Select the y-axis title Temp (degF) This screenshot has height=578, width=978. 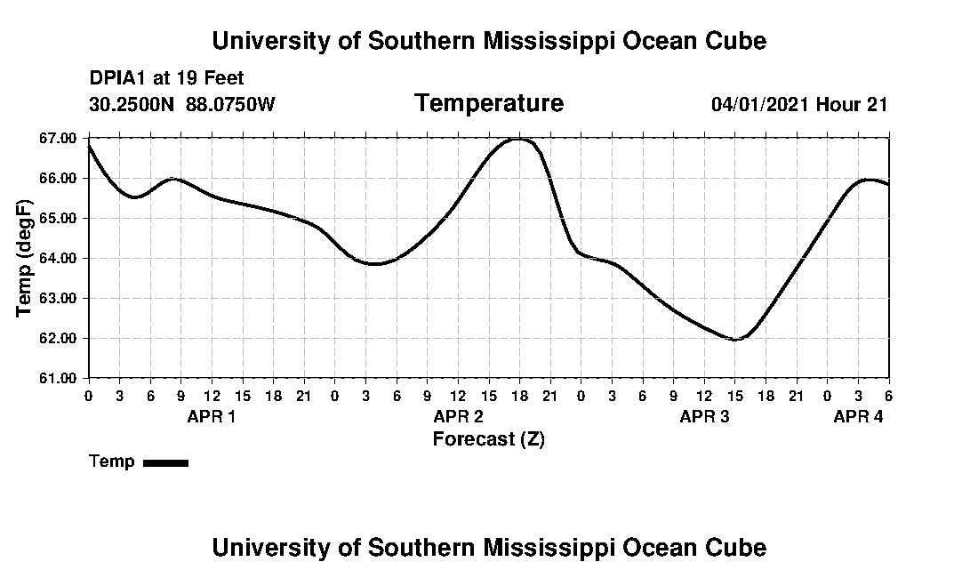click(x=26, y=258)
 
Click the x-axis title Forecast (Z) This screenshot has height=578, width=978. click(x=488, y=438)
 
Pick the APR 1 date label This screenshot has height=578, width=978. click(x=212, y=416)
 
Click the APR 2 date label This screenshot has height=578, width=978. click(x=459, y=416)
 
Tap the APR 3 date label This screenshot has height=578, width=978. click(x=704, y=416)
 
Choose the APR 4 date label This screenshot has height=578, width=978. click(x=858, y=416)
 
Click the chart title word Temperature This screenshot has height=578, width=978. click(x=488, y=103)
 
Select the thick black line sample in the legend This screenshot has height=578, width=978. click(x=165, y=462)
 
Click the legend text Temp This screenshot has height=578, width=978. click(x=112, y=462)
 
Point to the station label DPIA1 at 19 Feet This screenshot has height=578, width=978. click(x=166, y=79)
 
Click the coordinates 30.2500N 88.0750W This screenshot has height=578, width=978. click(x=182, y=104)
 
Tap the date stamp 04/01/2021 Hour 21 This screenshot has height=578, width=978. click(x=799, y=104)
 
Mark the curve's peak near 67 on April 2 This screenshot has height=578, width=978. click(x=519, y=140)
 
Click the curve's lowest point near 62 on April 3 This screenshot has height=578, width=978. click(x=735, y=340)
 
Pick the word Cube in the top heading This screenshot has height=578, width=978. click(x=734, y=40)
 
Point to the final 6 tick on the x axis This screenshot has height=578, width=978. click(x=888, y=396)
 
